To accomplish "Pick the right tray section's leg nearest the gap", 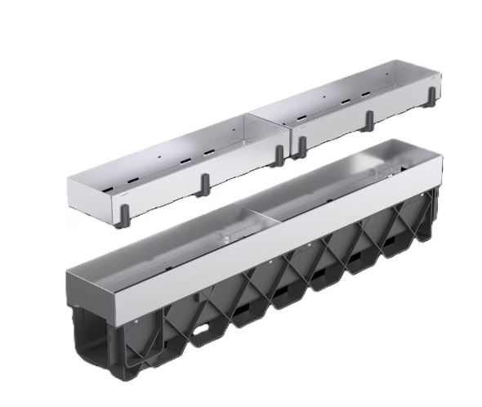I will (x=302, y=147).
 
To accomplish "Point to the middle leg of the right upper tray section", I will (x=368, y=119).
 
